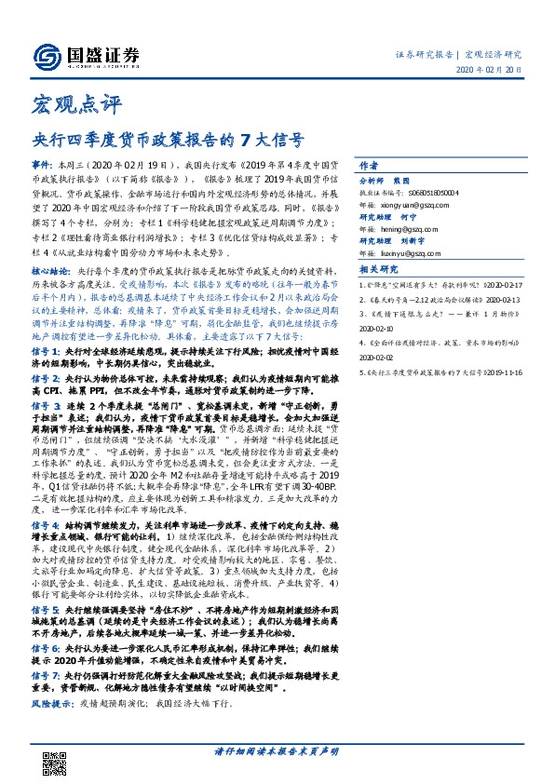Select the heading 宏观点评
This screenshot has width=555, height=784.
click(x=65, y=101)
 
